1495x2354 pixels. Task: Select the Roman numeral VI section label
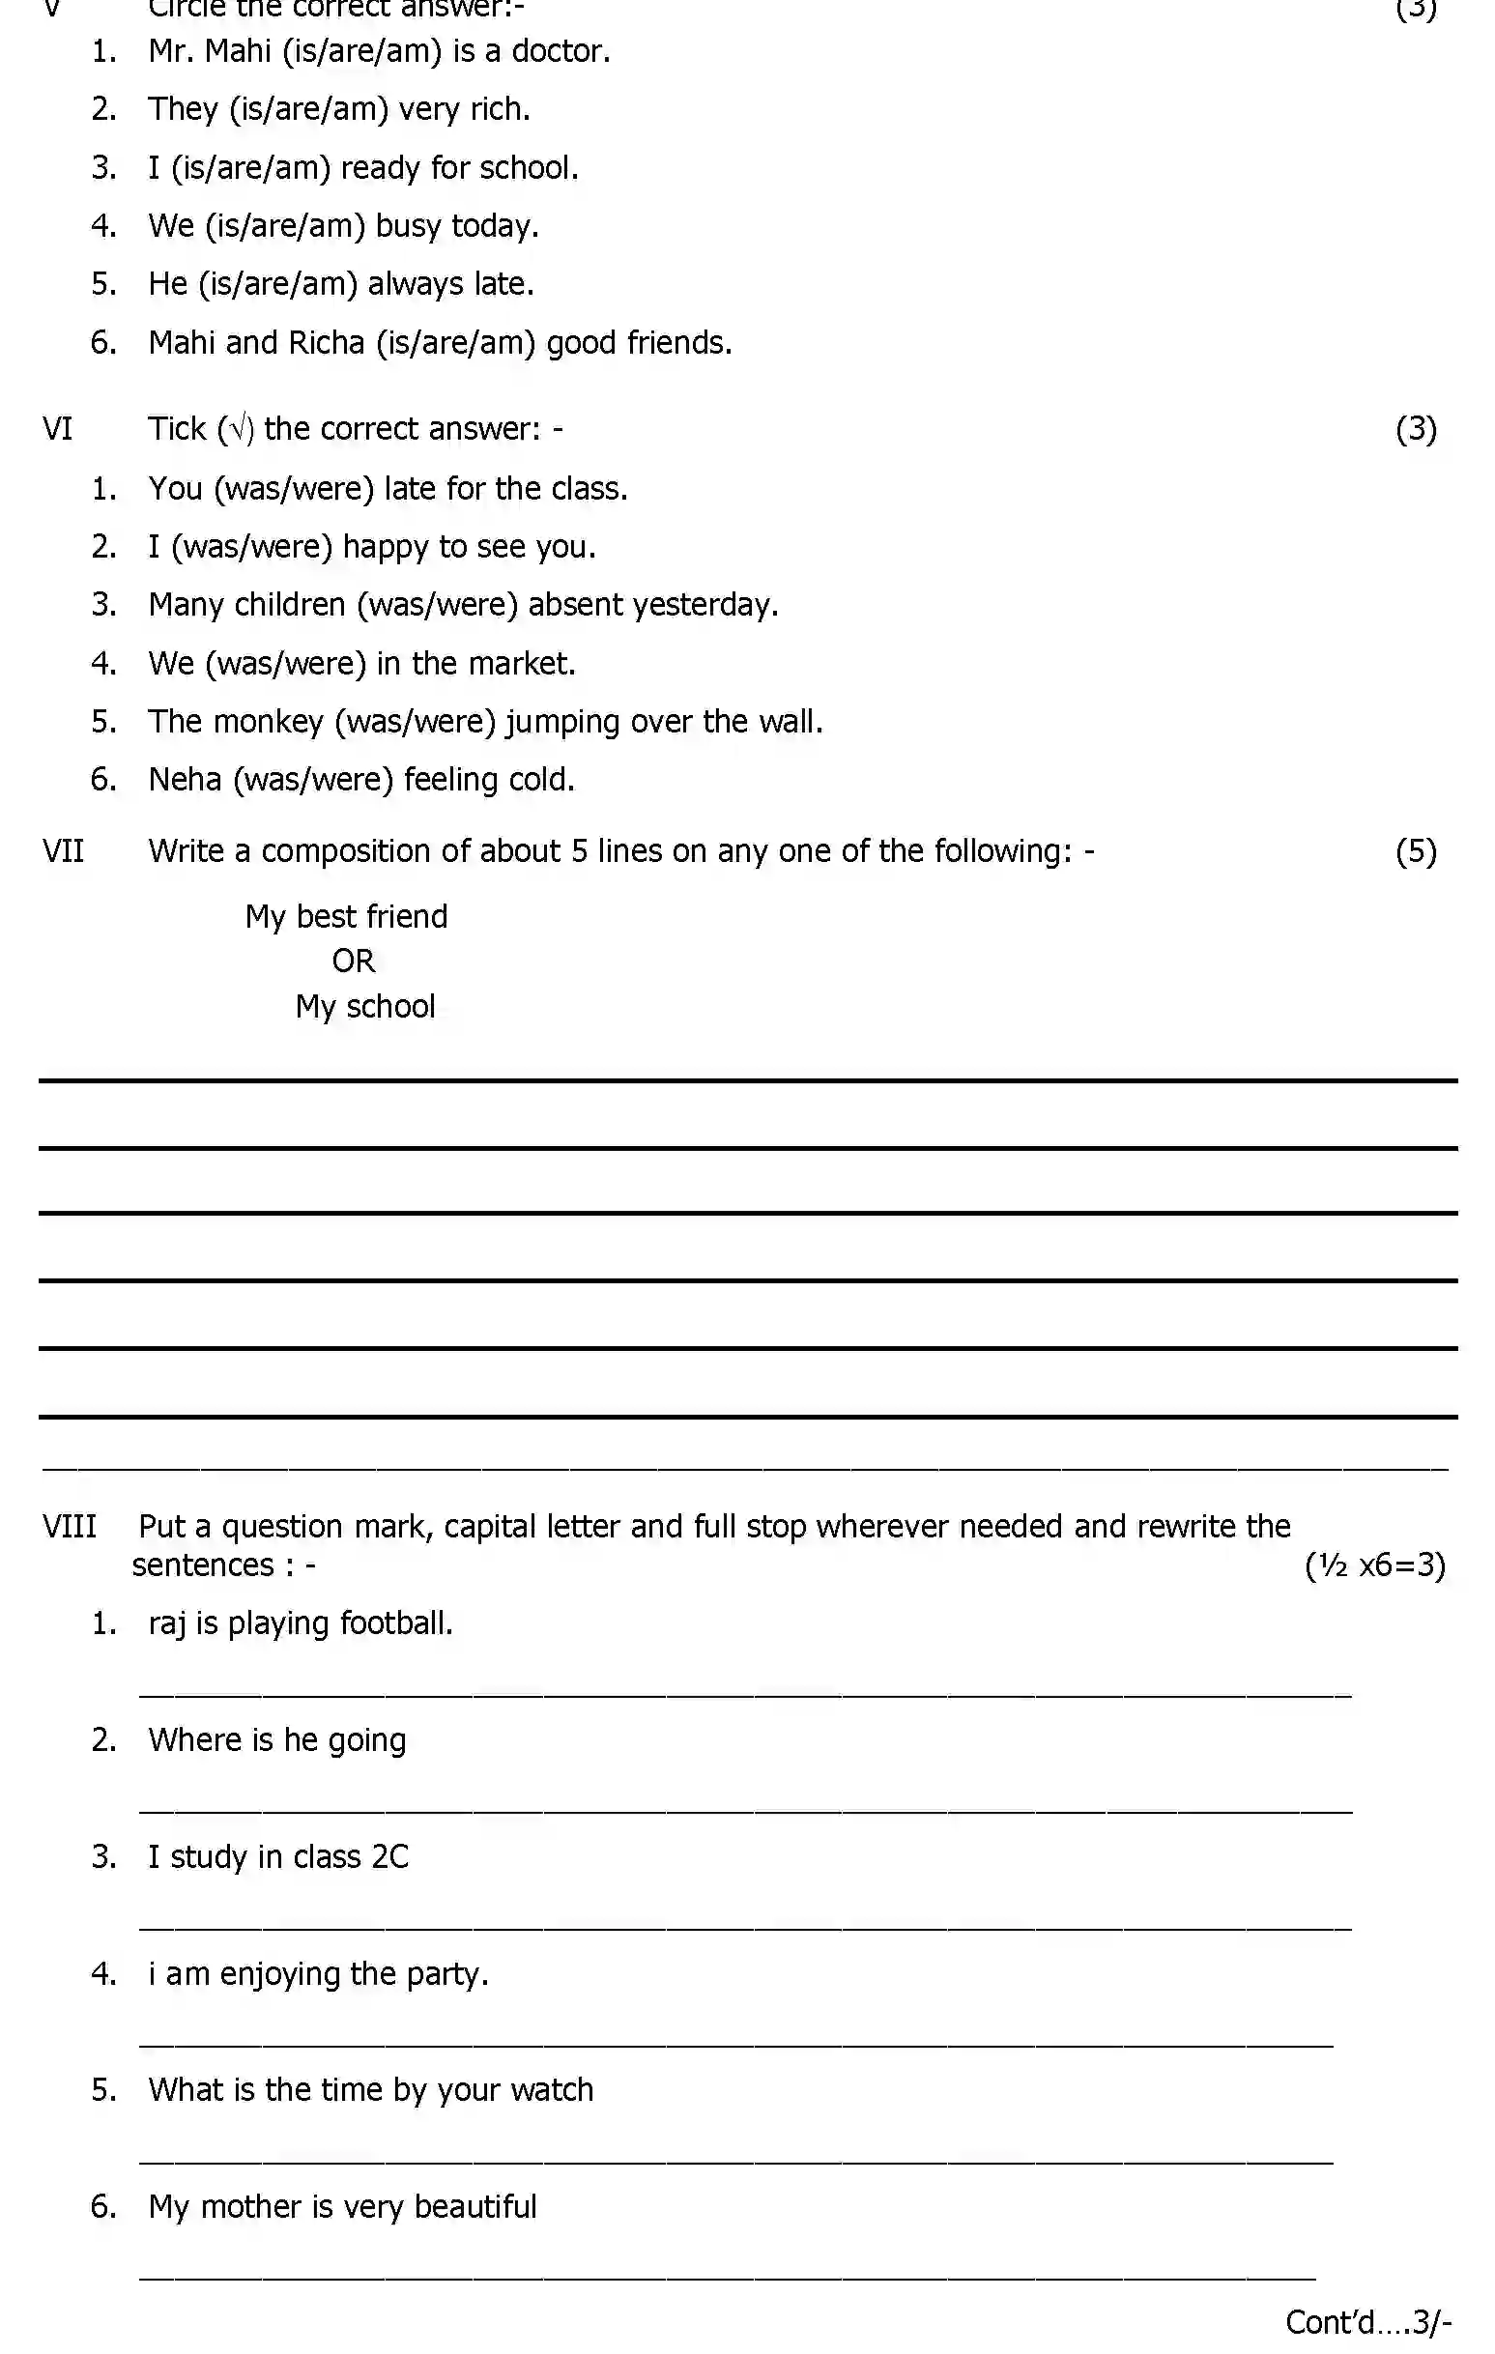[x=58, y=429]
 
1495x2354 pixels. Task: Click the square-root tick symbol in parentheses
[x=236, y=429]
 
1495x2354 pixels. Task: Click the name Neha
[x=185, y=780]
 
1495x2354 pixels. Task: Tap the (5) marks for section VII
[x=1415, y=851]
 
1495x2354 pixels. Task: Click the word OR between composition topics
[x=353, y=962]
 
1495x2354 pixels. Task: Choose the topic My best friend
[x=346, y=917]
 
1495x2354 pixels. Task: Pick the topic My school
[x=364, y=1007]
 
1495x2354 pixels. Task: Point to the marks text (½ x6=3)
[x=1374, y=1566]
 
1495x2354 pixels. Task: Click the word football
[x=396, y=1623]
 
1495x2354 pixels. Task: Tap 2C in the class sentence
[x=390, y=1857]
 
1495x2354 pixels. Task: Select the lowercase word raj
[x=166, y=1624]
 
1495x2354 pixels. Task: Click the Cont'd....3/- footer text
[x=1366, y=2322]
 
